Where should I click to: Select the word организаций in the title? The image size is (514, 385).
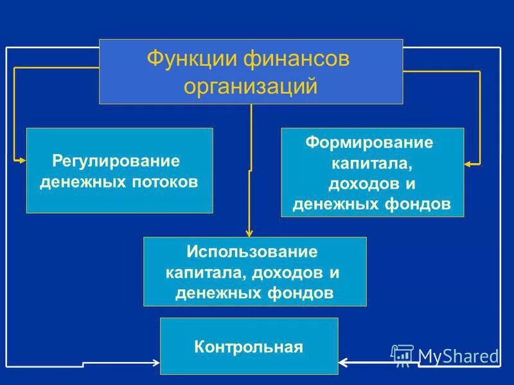tap(251, 85)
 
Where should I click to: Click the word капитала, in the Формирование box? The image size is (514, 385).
tap(371, 162)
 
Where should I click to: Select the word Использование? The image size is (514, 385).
tap(253, 250)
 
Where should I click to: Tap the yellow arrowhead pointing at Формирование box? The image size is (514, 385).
tap(469, 164)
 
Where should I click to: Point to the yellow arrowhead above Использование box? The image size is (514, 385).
tap(251, 233)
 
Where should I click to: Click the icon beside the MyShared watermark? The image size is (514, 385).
tap(402, 355)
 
